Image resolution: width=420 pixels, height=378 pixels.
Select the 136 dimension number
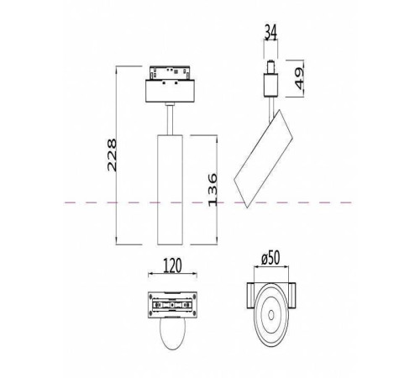pos(212,190)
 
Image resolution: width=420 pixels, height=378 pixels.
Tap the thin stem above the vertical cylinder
pos(171,118)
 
